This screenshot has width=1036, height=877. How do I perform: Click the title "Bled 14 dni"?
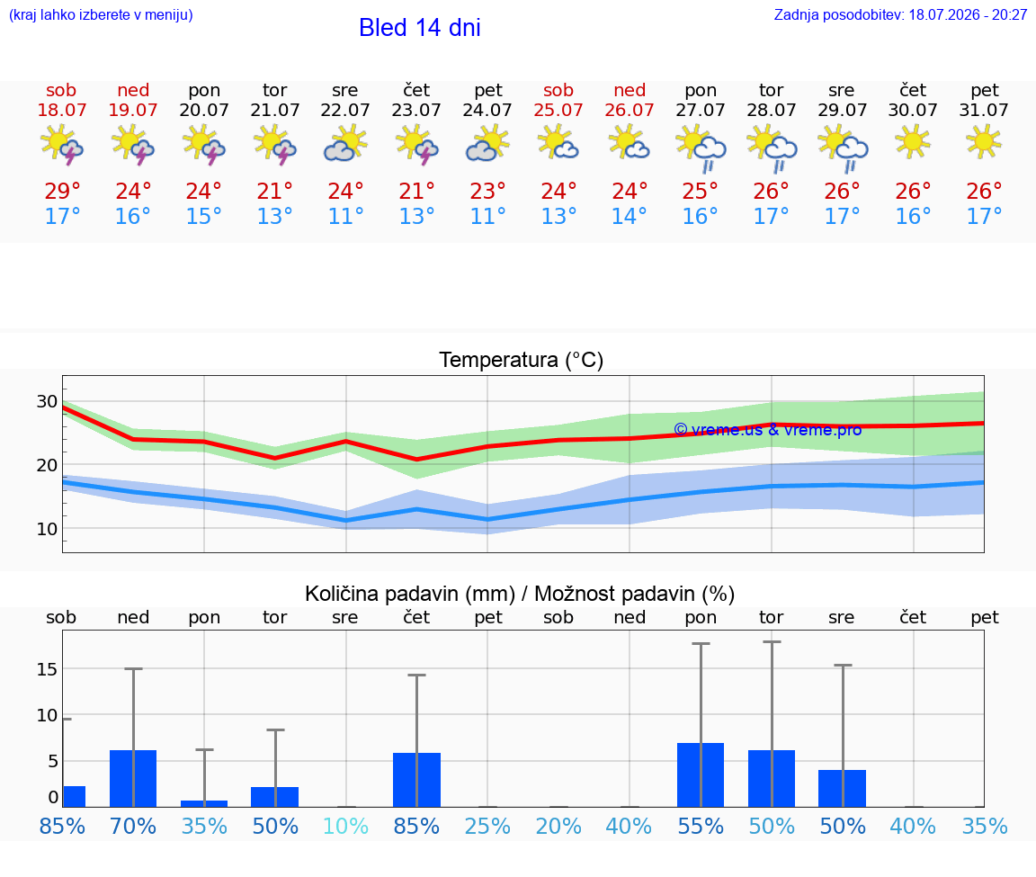click(420, 28)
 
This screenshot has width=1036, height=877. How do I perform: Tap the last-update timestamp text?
click(900, 15)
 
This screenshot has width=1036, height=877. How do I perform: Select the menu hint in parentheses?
click(101, 15)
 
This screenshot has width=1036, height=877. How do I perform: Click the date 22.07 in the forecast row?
click(345, 110)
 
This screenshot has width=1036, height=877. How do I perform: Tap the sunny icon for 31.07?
click(984, 141)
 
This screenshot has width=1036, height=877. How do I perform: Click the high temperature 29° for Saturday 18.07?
click(62, 191)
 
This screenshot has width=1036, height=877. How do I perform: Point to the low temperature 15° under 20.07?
click(203, 216)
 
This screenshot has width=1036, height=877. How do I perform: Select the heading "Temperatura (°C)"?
click(522, 360)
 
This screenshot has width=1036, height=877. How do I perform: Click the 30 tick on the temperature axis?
click(47, 401)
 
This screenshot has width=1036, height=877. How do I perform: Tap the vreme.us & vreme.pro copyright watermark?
click(768, 430)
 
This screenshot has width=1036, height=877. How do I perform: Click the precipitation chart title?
click(520, 594)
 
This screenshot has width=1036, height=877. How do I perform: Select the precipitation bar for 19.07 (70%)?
click(133, 779)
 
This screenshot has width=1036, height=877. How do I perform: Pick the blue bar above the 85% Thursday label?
click(417, 780)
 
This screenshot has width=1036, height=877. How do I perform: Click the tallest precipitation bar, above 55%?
click(701, 775)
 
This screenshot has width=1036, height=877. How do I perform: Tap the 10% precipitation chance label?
click(345, 826)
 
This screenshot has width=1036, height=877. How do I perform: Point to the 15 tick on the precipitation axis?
click(47, 669)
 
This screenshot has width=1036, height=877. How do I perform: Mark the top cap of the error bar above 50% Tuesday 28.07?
click(772, 641)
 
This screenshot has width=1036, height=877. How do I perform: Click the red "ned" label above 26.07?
click(629, 90)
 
